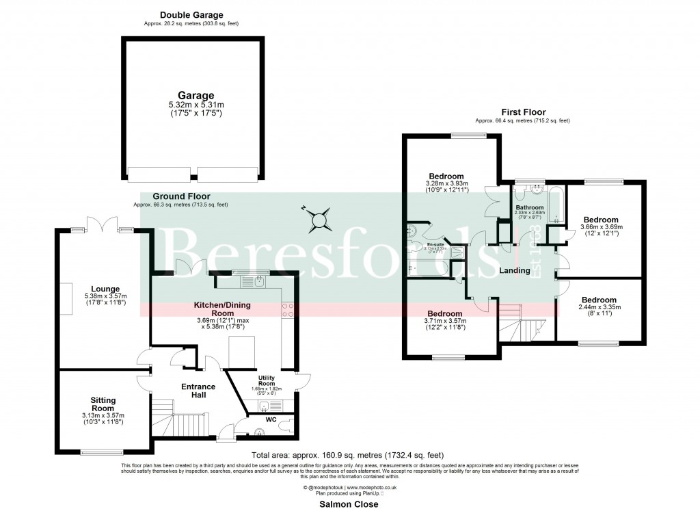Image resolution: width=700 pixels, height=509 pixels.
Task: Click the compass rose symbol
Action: pos(319,220)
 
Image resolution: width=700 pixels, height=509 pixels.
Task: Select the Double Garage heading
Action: pos(191,14)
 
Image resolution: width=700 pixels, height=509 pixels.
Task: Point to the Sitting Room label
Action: pos(103,404)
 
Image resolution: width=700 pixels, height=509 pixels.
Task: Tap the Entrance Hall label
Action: pos(198,391)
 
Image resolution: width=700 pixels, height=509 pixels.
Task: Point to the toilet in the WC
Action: pos(258,432)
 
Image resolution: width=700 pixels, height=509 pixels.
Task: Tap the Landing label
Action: pos(515,271)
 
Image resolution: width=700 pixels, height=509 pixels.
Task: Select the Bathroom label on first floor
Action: pos(529,207)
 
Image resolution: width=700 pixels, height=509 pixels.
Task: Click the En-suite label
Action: pos(435,244)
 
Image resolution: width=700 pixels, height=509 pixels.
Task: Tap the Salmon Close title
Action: pos(349,504)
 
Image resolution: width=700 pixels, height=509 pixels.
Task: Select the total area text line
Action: pos(348,455)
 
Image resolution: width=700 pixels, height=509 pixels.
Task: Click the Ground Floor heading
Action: pos(180,196)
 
